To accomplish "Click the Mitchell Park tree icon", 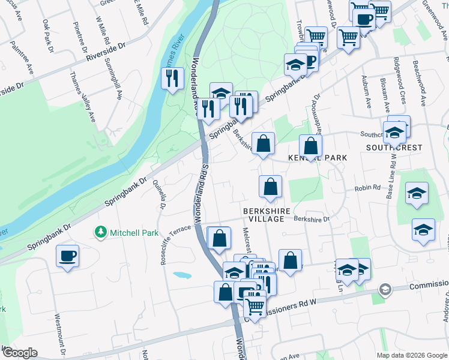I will tap(101, 232).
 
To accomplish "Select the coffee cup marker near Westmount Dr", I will tap(67, 257).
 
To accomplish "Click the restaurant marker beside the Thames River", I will tap(172, 78).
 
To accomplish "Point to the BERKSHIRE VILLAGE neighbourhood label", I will tap(267, 215).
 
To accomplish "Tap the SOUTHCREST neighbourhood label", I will tap(394, 148).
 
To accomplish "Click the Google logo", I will tap(20, 353).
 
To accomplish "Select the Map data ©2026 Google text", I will tap(412, 355).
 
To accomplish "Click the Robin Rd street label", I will tap(368, 188).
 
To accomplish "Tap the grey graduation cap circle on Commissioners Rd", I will tap(384, 290).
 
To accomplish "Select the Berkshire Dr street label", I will tap(312, 219).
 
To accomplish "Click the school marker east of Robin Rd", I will tap(417, 194).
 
